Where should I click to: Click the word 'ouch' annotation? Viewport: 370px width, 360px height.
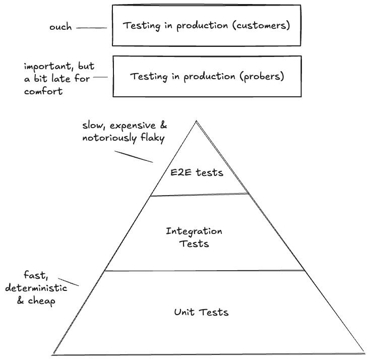point(60,27)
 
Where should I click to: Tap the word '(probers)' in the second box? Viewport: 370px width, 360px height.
point(261,77)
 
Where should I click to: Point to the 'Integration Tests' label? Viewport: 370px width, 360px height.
point(194,237)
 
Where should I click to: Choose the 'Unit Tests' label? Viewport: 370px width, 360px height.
point(201,312)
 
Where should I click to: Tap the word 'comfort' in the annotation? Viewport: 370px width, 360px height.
point(43,91)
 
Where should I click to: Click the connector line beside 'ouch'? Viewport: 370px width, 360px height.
point(91,28)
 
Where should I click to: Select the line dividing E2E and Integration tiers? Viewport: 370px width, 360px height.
point(200,195)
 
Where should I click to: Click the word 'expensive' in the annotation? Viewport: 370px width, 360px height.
point(128,125)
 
